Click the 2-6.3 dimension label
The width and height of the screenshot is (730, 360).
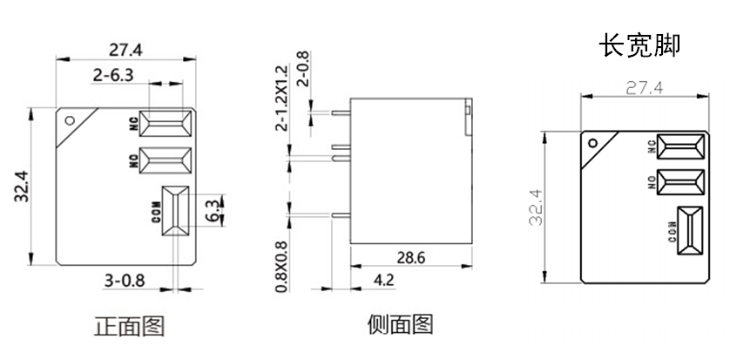113,74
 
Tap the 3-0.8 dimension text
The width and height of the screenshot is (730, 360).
125,281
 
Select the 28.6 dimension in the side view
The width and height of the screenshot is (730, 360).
410,257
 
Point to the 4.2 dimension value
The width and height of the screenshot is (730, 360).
384,280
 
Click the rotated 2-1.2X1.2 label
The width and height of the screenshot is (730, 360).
282,98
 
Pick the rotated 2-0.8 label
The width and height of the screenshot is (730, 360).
302,69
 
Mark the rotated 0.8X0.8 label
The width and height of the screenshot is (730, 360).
281,267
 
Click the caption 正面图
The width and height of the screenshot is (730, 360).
130,326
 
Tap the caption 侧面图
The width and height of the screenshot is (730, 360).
400,324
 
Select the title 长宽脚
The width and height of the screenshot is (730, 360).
641,45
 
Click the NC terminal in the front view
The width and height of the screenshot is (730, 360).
166,124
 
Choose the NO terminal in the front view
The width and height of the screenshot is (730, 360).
166,160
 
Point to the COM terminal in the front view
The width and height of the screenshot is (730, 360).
175,211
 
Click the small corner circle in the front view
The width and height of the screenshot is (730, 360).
70,120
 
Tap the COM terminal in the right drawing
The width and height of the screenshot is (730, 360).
690,231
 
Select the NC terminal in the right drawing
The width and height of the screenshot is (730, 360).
680,147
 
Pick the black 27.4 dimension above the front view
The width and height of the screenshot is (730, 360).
125,50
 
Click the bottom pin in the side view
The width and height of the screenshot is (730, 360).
341,215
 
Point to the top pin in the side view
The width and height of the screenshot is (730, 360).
341,112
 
